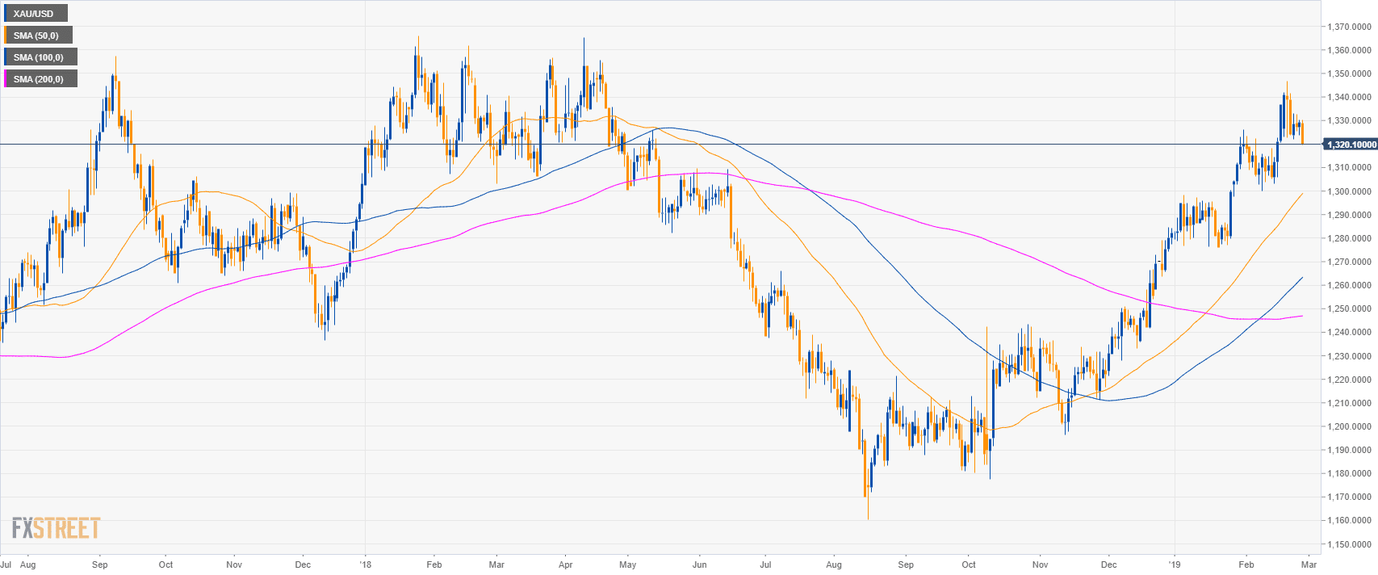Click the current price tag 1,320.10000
coord(1350,145)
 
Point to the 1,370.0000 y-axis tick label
coord(1350,27)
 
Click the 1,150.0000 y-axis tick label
coord(1350,544)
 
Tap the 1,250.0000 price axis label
coord(1350,309)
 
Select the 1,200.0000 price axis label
coord(1350,426)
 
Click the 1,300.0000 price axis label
coord(1350,192)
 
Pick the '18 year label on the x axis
coord(366,565)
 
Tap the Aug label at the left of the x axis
coord(27,565)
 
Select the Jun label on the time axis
coord(699,565)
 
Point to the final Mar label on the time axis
coord(1309,565)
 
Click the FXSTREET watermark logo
coord(56,528)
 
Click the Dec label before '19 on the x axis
coord(1108,565)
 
